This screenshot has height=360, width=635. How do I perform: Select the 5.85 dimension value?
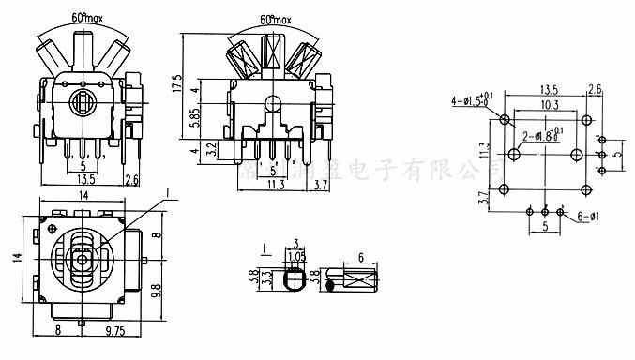click(x=195, y=118)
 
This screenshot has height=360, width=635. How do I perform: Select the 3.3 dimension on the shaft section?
click(x=268, y=277)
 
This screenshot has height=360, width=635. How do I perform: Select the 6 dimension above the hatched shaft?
click(x=360, y=258)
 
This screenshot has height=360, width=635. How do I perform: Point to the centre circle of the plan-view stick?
click(x=83, y=258)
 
